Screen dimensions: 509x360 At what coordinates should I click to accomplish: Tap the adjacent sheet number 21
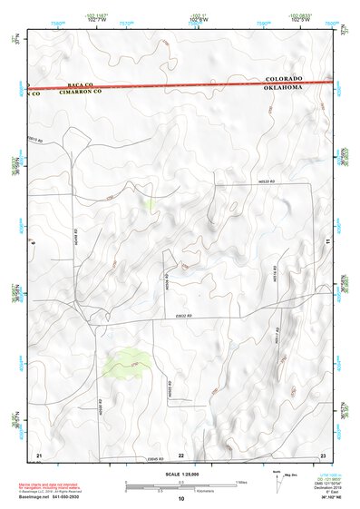pyautogui.click(x=39, y=454)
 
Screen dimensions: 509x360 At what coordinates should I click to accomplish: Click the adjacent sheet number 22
pyautogui.click(x=180, y=454)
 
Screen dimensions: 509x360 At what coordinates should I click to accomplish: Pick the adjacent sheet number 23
pyautogui.click(x=323, y=454)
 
